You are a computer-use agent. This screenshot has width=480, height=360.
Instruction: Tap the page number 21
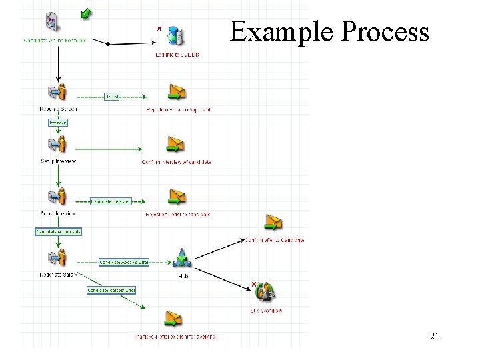click(x=434, y=337)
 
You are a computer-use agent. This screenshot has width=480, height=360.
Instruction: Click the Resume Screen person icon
click(x=58, y=93)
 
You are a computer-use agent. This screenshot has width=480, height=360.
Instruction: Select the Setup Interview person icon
click(x=58, y=145)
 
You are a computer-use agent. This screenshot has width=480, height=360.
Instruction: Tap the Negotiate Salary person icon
click(x=58, y=257)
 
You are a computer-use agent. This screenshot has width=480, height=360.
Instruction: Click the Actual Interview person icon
click(x=58, y=197)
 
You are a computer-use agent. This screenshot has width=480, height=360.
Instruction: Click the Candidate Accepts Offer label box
click(x=124, y=263)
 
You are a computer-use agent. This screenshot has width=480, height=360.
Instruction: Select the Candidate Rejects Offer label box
click(x=111, y=290)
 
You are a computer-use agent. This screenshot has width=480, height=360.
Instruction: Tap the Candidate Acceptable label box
click(x=58, y=231)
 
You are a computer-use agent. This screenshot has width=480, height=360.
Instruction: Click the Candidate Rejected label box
click(x=111, y=201)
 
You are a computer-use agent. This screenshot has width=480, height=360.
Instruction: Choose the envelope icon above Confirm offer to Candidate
click(x=273, y=223)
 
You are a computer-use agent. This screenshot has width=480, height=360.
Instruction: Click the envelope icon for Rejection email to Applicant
click(x=176, y=92)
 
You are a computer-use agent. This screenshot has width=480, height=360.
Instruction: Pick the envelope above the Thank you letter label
click(x=173, y=318)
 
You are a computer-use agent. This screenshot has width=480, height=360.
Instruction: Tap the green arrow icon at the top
click(x=86, y=12)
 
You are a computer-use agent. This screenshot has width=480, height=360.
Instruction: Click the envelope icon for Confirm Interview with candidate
click(x=175, y=144)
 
